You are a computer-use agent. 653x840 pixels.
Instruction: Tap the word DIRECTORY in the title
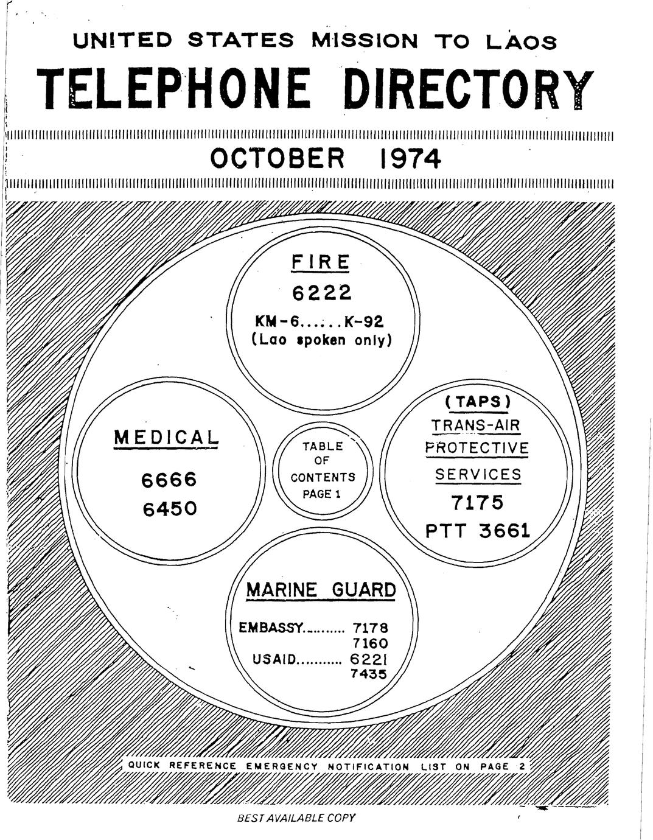tap(468, 89)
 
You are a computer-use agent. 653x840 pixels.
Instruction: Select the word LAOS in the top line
tap(521, 41)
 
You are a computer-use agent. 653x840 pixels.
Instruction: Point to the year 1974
tap(410, 158)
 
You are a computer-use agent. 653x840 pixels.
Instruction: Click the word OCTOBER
tap(277, 158)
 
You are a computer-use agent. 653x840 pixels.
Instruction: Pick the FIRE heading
tap(320, 262)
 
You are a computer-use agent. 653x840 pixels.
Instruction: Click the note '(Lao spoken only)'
tap(322, 340)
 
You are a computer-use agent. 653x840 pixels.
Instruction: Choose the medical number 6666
tap(169, 480)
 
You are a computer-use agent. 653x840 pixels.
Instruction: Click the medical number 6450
tap(170, 509)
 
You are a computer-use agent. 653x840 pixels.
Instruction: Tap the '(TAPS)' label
tap(478, 402)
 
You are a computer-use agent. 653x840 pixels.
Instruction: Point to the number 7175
tap(477, 502)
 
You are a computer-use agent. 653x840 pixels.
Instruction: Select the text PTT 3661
tap(478, 531)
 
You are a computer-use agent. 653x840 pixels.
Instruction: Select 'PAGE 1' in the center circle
tap(321, 494)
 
